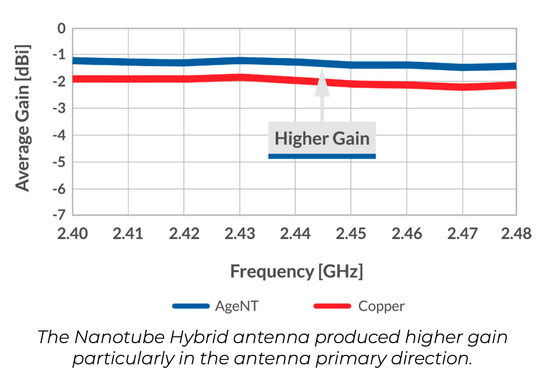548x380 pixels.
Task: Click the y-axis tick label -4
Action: (57, 135)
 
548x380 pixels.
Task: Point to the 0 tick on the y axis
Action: (61, 28)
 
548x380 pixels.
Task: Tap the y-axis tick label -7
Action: (57, 215)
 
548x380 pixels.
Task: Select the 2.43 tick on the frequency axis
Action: (240, 232)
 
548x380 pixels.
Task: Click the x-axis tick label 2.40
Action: (73, 232)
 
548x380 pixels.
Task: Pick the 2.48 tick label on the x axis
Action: (516, 232)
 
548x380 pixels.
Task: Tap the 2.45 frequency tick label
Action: (350, 232)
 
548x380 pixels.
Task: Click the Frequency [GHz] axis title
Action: (296, 272)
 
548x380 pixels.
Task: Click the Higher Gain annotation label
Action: (322, 138)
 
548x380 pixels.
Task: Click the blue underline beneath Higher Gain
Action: (322, 156)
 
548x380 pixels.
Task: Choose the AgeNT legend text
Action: (237, 306)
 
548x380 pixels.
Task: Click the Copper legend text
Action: (381, 306)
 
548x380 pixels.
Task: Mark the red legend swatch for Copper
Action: (333, 306)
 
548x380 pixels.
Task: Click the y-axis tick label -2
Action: (57, 82)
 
